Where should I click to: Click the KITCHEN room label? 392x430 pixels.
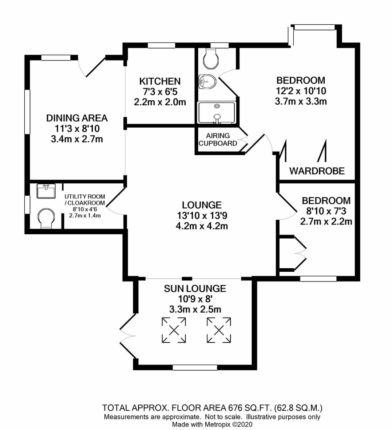160,81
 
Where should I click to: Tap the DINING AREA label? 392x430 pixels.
77,118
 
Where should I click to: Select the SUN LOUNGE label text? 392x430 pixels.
195,289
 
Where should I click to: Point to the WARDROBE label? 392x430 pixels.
317,171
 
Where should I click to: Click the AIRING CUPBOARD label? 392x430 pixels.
218,139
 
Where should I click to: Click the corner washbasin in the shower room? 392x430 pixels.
207,82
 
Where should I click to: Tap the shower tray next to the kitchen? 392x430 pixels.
217,112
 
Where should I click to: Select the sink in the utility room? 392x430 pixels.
46,191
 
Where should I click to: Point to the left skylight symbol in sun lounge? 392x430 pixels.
174,330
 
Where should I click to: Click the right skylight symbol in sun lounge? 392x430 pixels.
219,330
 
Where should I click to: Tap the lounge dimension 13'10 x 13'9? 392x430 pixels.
202,216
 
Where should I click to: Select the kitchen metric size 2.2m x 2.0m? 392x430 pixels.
160,102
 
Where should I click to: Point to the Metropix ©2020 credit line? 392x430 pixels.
212,425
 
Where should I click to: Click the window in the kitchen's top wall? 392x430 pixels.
161,46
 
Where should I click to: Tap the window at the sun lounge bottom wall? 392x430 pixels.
195,368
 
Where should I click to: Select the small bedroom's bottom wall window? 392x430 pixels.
318,278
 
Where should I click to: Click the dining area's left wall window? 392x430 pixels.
27,112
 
